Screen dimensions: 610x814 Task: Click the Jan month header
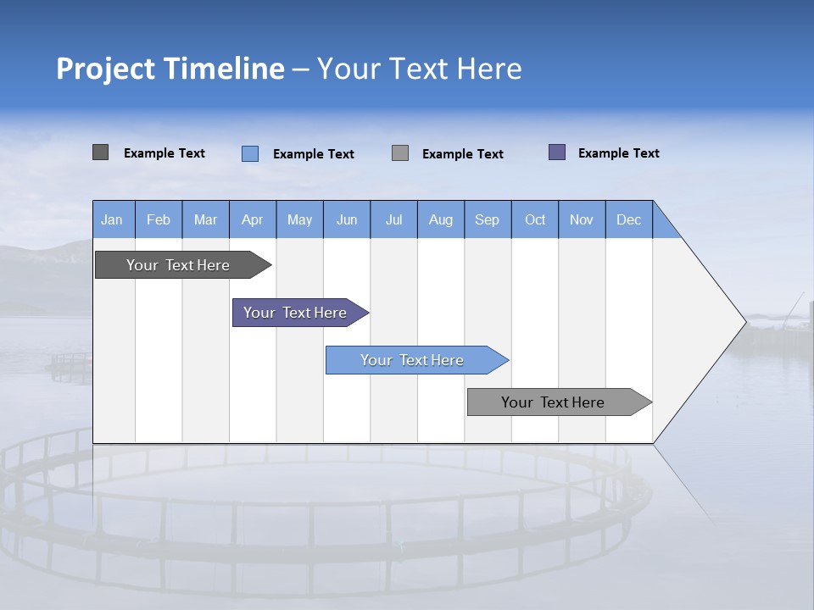pos(113,219)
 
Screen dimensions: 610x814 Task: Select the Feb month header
pos(159,219)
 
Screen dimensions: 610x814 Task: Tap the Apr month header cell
pos(253,219)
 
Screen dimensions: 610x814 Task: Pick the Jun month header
pos(347,219)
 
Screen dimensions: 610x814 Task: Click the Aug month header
pos(441,219)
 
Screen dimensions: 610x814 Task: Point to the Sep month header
pos(488,219)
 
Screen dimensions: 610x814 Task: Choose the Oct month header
pos(535,219)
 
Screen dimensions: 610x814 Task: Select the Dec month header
pos(629,219)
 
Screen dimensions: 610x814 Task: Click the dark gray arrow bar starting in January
pos(179,265)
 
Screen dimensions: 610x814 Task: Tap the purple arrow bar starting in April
pos(296,313)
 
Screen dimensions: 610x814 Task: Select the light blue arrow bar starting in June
pos(413,360)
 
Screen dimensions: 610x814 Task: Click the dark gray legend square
pos(101,152)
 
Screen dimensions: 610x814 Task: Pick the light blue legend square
pos(250,153)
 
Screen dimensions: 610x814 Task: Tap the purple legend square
pos(557,152)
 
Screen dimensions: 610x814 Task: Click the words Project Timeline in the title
pos(170,69)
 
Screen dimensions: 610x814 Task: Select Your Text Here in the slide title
pos(420,69)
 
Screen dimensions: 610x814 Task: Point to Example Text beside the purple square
pos(618,153)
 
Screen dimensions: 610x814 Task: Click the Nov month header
pos(582,219)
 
